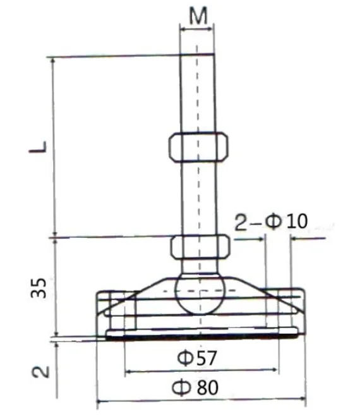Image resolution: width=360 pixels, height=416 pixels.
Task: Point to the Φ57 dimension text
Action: click(x=198, y=359)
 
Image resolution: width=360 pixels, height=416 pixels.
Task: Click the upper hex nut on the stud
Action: click(x=198, y=147)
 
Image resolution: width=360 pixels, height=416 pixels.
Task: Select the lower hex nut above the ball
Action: click(x=198, y=247)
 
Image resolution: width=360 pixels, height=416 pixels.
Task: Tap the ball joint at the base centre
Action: click(x=198, y=292)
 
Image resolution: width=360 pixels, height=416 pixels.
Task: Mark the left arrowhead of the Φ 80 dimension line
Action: click(x=99, y=400)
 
